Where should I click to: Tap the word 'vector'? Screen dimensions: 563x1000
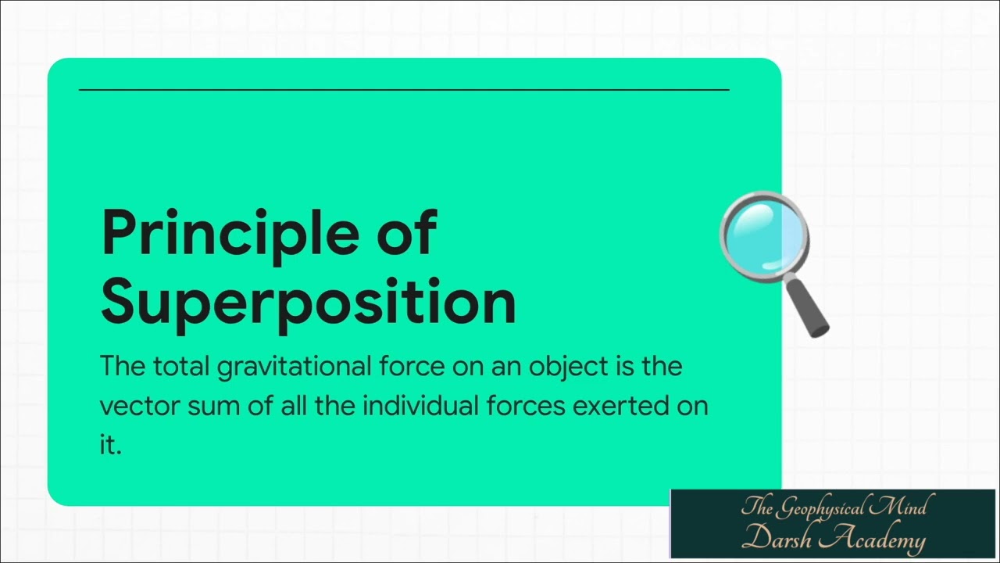140,407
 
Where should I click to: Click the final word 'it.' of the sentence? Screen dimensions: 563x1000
111,446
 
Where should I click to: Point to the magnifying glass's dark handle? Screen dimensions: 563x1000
809,309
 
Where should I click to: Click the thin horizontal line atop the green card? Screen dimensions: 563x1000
404,90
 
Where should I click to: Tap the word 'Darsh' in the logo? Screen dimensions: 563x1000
776,537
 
